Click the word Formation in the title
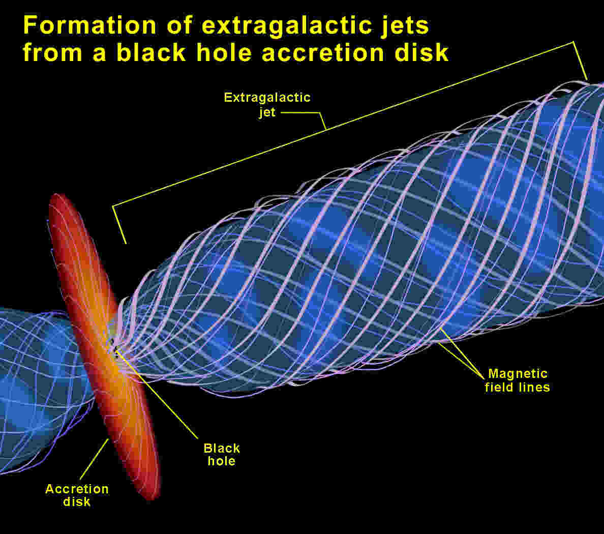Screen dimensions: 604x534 (x=90, y=25)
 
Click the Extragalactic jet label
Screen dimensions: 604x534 (x=267, y=104)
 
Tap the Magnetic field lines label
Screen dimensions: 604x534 (x=518, y=380)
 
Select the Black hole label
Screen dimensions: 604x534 (x=222, y=455)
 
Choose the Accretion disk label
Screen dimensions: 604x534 (x=77, y=495)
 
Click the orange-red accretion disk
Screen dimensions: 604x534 (x=104, y=347)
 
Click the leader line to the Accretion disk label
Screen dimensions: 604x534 (x=95, y=459)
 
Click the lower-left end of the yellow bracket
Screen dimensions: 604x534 (x=126, y=244)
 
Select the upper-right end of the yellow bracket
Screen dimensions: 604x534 (x=587, y=79)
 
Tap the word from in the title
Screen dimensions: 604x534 (x=52, y=53)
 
